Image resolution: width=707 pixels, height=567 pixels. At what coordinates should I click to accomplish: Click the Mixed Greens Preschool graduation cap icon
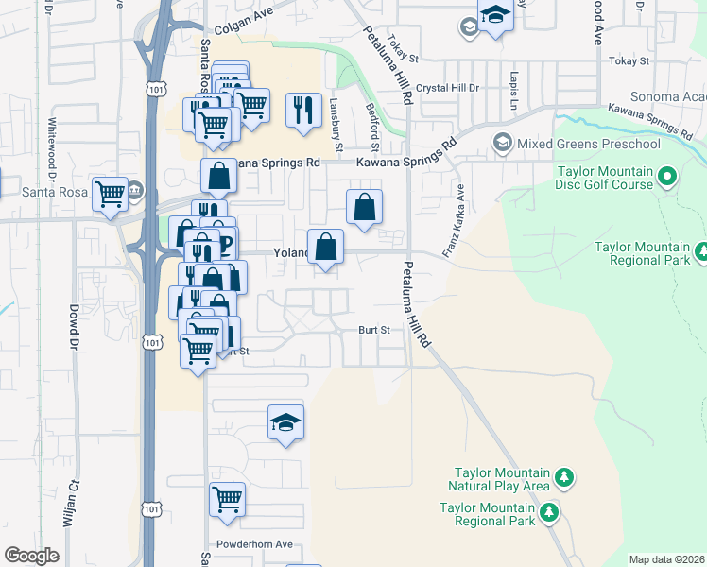[x=502, y=144]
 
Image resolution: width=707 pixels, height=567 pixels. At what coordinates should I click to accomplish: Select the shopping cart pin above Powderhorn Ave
[x=227, y=498]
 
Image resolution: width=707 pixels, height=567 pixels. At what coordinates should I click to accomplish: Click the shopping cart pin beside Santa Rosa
[x=111, y=194]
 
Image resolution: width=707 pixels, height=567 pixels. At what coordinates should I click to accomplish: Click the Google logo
[x=31, y=556]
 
